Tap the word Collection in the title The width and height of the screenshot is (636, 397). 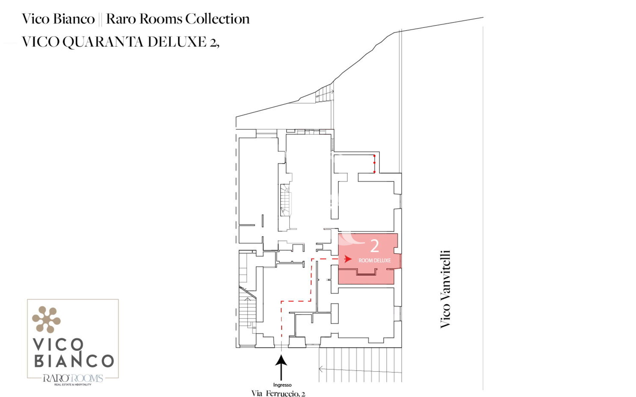click(217, 19)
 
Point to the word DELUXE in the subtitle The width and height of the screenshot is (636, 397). click(177, 42)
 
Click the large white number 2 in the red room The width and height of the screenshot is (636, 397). click(374, 246)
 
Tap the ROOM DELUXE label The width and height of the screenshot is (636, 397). click(375, 260)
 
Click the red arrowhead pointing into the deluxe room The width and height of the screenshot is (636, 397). click(347, 259)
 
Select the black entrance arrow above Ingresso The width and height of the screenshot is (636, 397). click(281, 368)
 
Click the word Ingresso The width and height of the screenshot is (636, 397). click(282, 385)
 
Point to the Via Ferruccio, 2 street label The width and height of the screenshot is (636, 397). click(278, 393)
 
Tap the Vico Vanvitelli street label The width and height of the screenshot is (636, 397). click(445, 289)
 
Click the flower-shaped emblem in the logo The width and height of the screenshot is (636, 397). click(46, 319)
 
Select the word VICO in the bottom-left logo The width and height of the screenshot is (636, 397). click(58, 345)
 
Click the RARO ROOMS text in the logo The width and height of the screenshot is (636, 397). click(73, 378)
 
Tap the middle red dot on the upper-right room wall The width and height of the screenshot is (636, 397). click(374, 163)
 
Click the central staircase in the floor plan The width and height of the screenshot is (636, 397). click(285, 200)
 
